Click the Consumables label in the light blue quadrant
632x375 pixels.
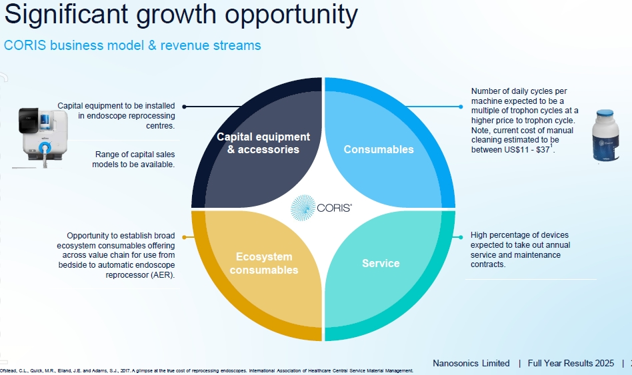[379, 149]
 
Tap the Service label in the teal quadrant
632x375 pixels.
[381, 263]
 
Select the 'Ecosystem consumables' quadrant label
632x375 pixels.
[264, 263]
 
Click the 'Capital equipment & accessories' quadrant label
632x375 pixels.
[263, 143]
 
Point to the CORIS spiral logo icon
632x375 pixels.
[303, 208]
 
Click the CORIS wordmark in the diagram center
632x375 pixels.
[334, 208]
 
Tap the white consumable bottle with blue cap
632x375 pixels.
[605, 136]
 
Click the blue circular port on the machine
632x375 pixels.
[45, 147]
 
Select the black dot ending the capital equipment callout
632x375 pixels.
[184, 107]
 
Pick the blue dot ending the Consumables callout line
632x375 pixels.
[461, 107]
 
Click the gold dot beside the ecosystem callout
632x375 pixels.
[184, 237]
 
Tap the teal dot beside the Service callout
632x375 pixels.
[461, 237]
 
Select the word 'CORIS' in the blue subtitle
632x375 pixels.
[25, 45]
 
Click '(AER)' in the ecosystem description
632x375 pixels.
[165, 275]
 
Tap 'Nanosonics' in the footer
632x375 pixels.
[455, 363]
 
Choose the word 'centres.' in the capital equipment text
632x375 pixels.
[161, 126]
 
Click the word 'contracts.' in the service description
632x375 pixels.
[488, 264]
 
